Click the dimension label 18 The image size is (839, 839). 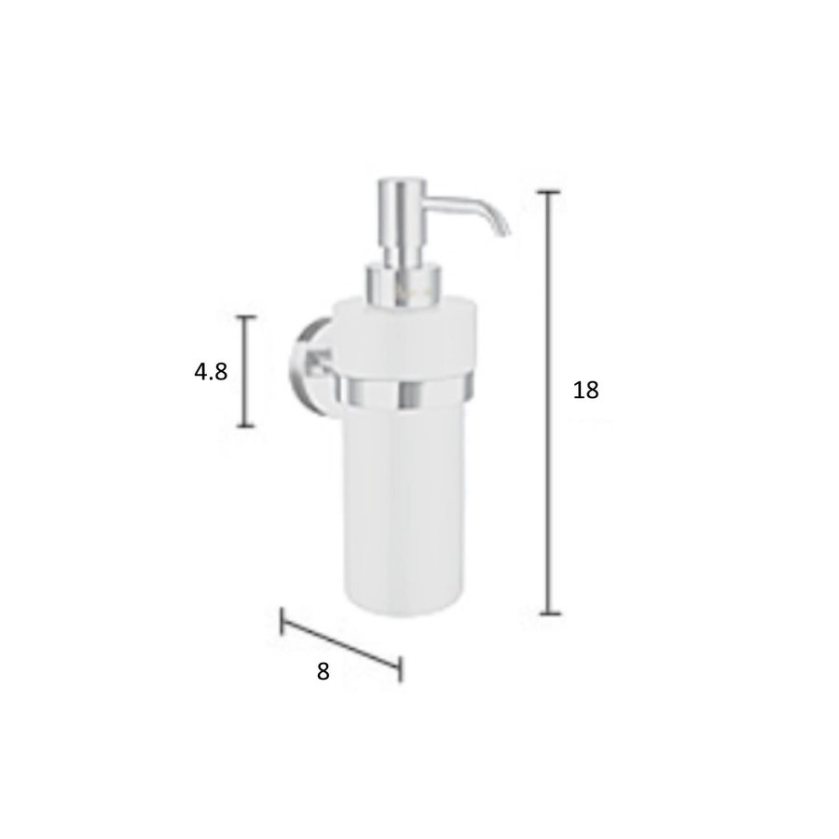pos(585,391)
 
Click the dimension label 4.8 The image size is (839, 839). pos(211,372)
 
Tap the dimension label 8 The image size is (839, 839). pos(323,671)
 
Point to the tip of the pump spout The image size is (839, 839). pos(504,230)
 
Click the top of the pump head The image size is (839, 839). pos(402,182)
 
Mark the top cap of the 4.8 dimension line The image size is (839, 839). pos(245,318)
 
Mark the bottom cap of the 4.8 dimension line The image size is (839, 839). pos(245,426)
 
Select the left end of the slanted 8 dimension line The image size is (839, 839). pos(282,621)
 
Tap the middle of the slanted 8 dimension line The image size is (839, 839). pos(341,644)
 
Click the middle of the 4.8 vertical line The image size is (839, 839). pos(245,372)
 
